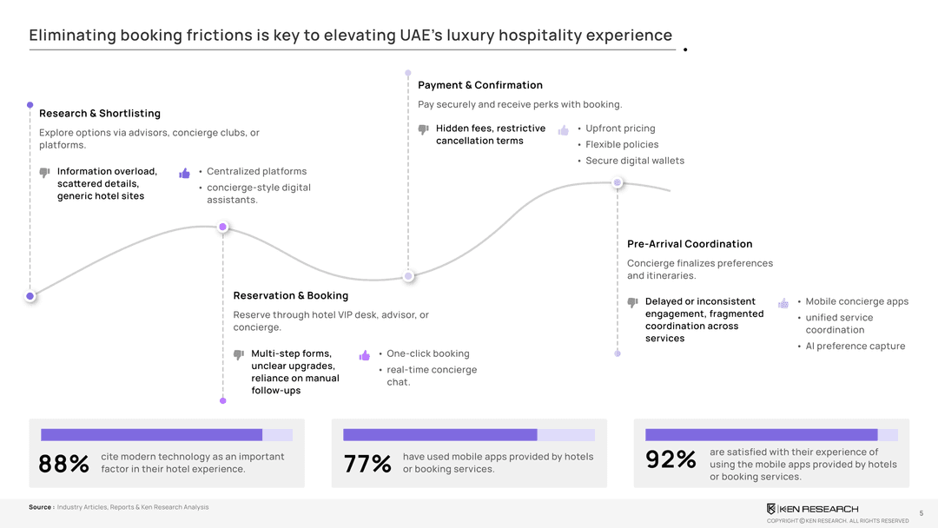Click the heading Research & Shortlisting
coord(100,114)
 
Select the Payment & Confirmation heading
coord(480,85)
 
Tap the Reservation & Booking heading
coord(291,296)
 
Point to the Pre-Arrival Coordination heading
coord(690,244)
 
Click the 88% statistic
coord(63,464)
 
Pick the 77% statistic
coord(367,464)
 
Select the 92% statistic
coord(670,460)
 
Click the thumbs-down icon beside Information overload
coord(44,173)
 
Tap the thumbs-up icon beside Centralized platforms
coord(184,174)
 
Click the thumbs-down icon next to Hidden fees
coord(423,129)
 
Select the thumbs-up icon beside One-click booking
coord(364,355)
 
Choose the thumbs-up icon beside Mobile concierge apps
coord(783,303)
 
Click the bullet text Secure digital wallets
coord(635,161)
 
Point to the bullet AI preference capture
coord(855,346)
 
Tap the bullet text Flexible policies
coord(622,145)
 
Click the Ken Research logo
coord(812,509)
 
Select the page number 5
coord(921,513)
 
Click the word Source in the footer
coord(40,507)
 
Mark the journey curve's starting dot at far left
coord(30,296)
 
